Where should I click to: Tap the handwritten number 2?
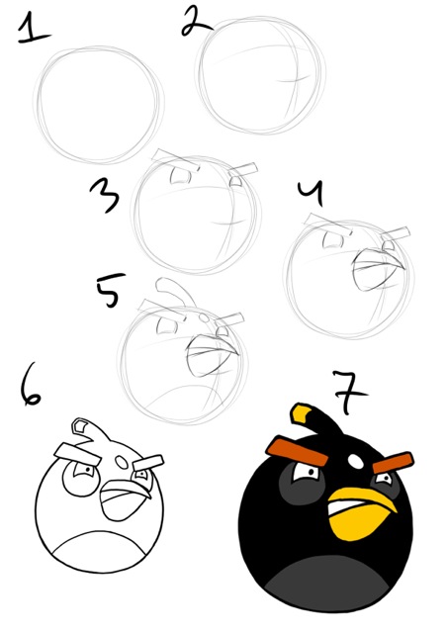tap(193, 21)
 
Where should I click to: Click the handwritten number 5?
tap(109, 291)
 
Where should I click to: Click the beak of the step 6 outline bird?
tap(119, 495)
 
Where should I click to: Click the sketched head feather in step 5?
tap(175, 291)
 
